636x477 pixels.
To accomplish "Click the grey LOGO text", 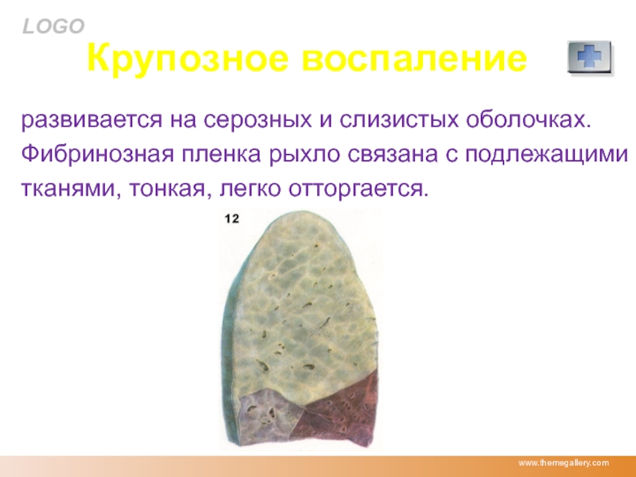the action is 53,27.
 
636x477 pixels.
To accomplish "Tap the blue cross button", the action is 589,56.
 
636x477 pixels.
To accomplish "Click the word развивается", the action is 91,120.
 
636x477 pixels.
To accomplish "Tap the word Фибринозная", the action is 97,154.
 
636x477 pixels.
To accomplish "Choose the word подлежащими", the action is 546,155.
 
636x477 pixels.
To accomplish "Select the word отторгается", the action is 359,189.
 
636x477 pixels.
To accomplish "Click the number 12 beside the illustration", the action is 231,219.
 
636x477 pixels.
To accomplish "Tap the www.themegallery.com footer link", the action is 564,463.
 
